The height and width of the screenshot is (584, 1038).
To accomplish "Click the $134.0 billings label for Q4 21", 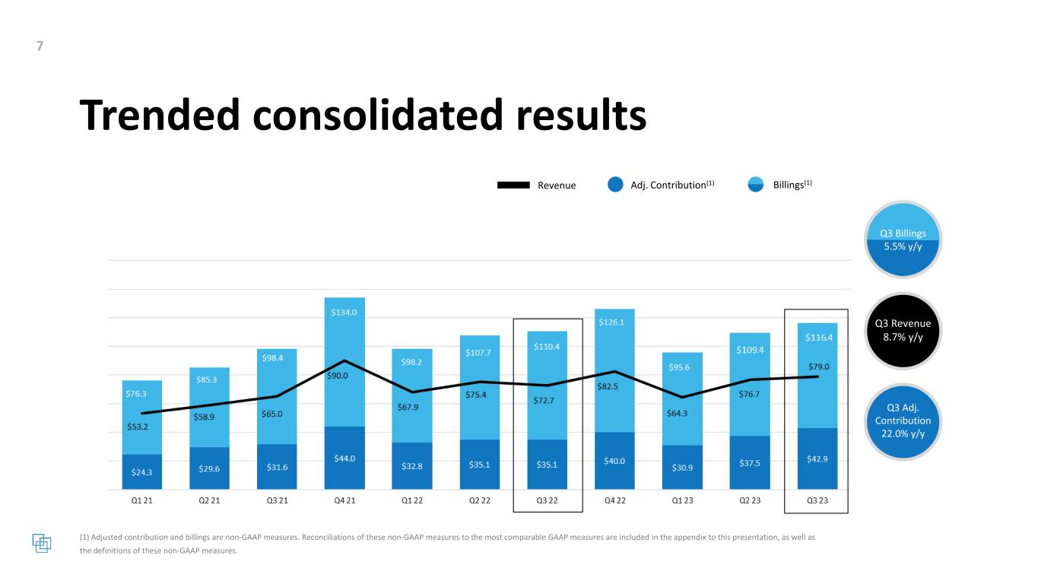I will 344,313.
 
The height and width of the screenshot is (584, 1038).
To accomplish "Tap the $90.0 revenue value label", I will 344,376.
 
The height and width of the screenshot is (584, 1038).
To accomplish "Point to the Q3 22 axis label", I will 547,501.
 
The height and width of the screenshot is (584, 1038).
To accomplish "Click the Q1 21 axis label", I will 141,501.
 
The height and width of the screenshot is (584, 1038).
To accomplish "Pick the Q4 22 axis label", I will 614,501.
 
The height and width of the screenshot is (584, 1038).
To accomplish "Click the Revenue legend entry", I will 536,185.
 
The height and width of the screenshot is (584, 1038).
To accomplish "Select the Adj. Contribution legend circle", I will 616,185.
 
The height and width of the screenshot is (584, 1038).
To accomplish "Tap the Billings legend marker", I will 754,185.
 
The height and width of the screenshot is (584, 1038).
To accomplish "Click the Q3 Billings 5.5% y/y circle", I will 903,240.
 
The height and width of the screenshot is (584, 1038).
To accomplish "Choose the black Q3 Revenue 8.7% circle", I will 903,331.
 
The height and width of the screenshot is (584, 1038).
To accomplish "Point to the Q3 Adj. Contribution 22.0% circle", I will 903,421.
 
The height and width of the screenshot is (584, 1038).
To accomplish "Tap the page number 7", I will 40,46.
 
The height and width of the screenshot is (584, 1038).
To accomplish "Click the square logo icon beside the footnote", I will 42,544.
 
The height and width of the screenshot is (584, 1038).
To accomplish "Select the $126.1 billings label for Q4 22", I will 614,322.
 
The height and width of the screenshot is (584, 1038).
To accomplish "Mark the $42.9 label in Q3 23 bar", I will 817,461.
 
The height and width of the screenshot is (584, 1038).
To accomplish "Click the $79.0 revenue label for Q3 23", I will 817,367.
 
